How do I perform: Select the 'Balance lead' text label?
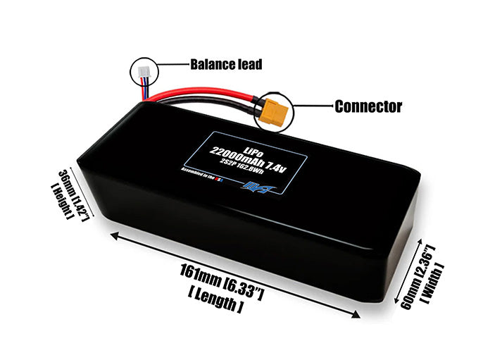point(225,65)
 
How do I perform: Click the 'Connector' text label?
point(368,107)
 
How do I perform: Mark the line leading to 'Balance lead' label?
point(172,65)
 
